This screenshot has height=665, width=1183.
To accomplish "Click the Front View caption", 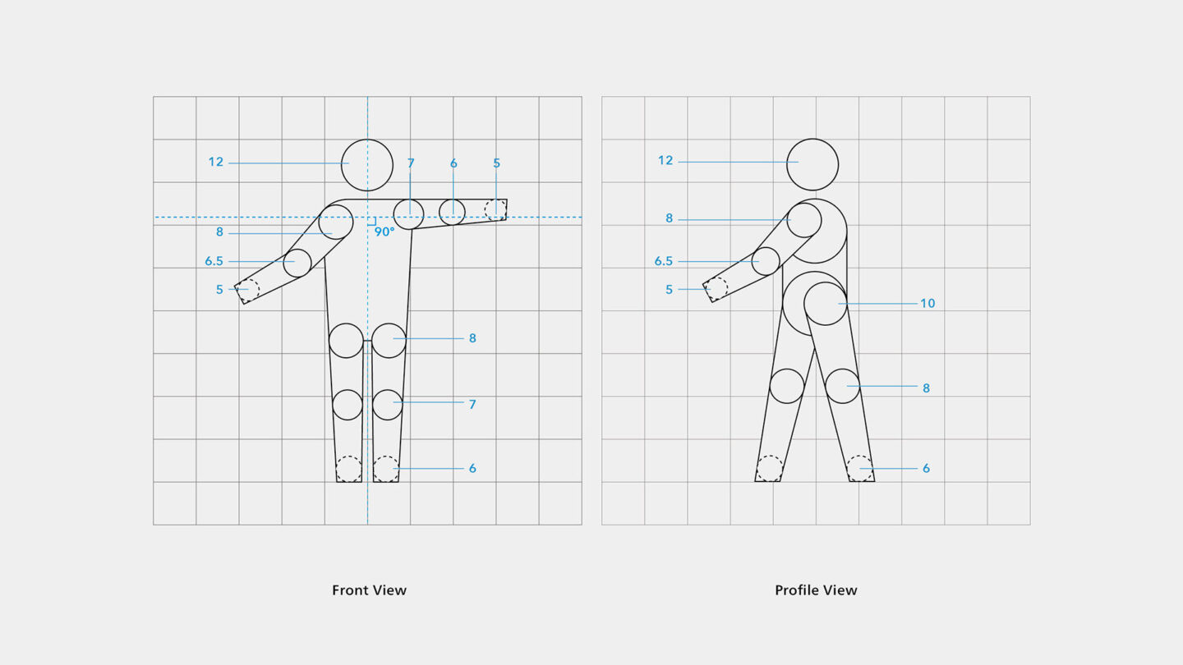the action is click(x=369, y=590).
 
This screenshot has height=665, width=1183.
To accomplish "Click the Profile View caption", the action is click(x=816, y=590).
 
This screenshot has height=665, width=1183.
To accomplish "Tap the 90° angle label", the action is click(x=384, y=232).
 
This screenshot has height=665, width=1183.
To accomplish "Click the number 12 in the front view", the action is click(x=216, y=162).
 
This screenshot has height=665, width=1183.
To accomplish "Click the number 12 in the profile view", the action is click(x=665, y=160).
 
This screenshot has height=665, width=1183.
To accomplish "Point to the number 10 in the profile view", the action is click(x=928, y=304).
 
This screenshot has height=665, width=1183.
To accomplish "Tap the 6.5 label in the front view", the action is click(x=214, y=261).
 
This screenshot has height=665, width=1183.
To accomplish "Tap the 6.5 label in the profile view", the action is click(x=663, y=261).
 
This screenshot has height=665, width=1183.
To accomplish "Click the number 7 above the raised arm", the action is click(x=411, y=163).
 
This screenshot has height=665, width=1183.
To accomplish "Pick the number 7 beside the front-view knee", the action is click(x=472, y=404).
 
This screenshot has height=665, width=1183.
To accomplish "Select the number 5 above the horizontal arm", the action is click(x=496, y=163).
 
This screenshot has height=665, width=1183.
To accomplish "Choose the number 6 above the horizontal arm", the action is click(x=453, y=163).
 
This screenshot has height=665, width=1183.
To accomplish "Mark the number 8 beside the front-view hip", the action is click(x=472, y=338).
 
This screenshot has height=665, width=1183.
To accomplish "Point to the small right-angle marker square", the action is click(x=372, y=221).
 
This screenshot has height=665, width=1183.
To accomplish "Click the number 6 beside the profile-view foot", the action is click(x=926, y=468).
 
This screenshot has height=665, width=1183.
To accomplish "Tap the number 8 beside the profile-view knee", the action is click(x=926, y=388).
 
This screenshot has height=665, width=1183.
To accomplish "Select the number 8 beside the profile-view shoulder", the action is click(x=669, y=218).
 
